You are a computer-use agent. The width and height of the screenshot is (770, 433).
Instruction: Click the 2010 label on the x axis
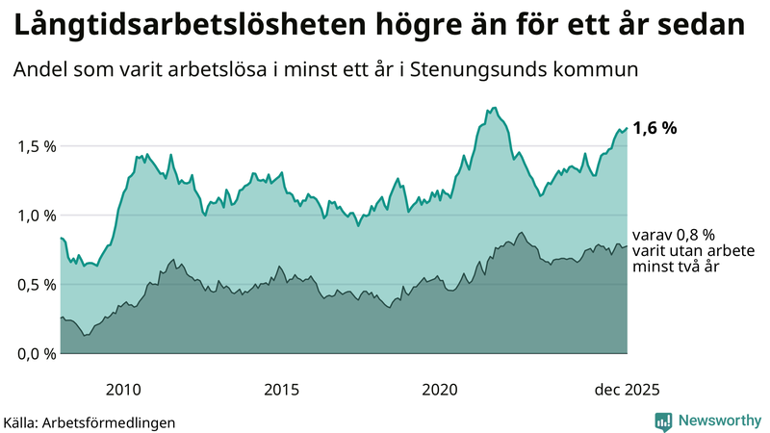123,390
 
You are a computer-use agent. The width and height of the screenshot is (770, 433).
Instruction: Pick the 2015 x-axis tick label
281,390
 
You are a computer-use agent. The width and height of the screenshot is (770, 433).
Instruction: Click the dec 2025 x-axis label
627,390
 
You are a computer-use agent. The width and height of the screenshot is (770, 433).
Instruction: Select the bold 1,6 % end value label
654,128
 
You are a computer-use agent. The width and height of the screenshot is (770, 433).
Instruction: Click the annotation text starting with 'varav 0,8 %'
674,250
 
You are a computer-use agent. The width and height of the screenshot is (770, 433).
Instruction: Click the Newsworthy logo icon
664,420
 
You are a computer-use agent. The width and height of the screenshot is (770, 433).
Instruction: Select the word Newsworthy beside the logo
720,420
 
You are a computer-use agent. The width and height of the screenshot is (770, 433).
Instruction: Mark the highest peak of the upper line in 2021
494,108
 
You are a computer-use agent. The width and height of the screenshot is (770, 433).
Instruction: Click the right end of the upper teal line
627,128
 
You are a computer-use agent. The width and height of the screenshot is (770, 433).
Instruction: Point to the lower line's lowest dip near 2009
85,335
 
